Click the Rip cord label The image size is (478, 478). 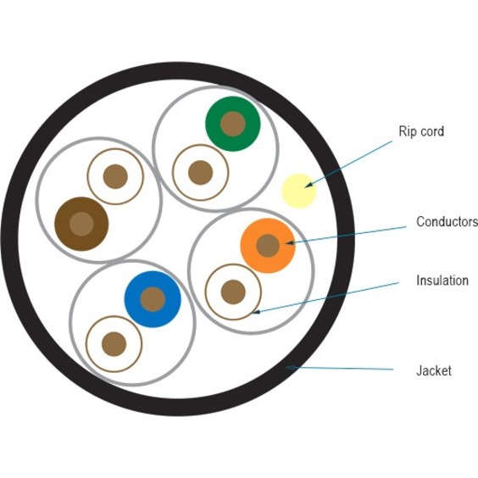tap(421, 131)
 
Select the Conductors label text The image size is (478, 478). tap(447, 221)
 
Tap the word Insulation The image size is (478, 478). tap(442, 281)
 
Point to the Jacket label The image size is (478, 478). tap(434, 370)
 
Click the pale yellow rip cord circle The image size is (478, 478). tap(299, 191)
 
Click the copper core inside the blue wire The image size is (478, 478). tap(153, 299)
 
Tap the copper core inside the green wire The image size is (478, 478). tap(233, 124)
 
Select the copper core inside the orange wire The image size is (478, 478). tap(268, 246)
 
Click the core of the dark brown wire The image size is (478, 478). tap(81, 224)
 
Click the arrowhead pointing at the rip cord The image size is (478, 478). tap(308, 185)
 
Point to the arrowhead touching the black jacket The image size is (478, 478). tap(290, 368)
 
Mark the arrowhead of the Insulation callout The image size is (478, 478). tap(256, 312)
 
